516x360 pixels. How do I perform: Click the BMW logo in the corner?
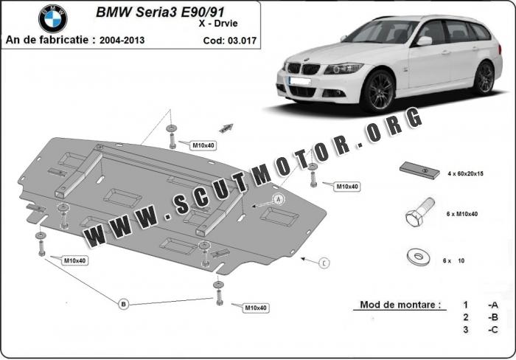[x=52, y=19]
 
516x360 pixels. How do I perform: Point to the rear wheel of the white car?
[x=484, y=77]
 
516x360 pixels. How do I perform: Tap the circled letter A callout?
[x=279, y=199]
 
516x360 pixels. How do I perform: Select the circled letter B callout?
[x=124, y=303]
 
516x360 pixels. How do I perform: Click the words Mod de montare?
[x=400, y=304]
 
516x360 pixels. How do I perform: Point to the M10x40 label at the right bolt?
[x=346, y=187]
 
